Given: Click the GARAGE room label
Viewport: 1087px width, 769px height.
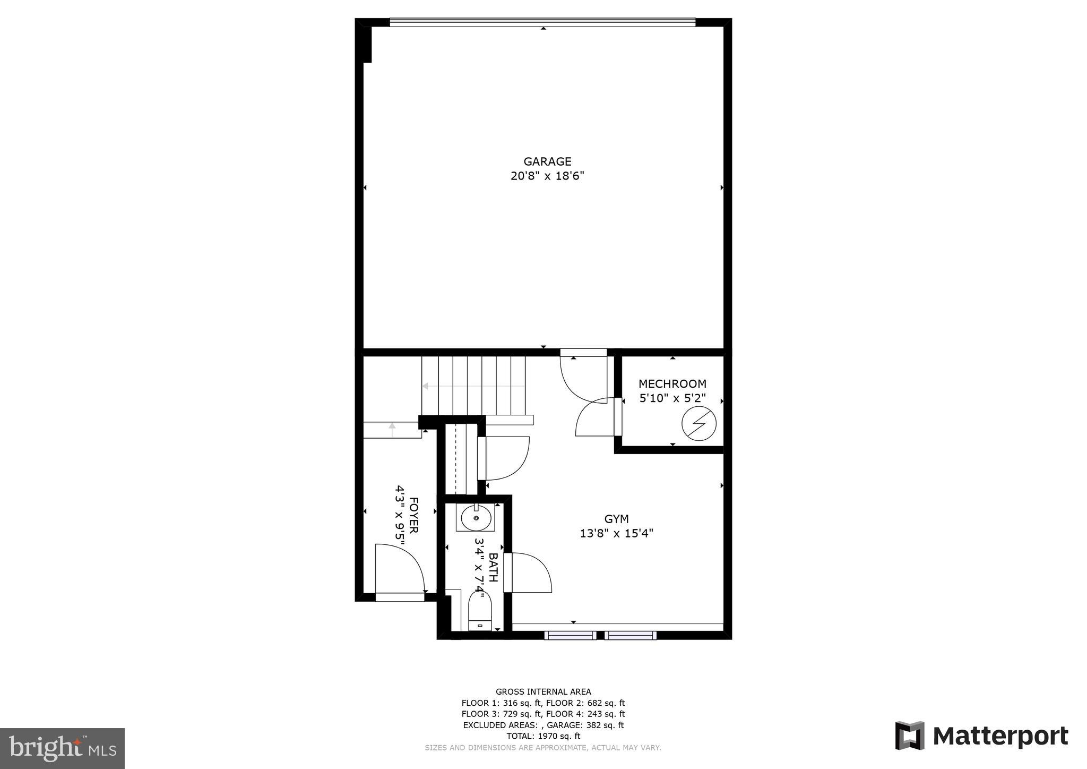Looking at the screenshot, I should pyautogui.click(x=547, y=161).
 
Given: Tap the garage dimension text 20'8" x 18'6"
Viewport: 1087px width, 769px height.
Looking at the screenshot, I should pyautogui.click(x=547, y=176).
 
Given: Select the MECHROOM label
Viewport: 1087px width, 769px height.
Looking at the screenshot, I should pyautogui.click(x=672, y=383).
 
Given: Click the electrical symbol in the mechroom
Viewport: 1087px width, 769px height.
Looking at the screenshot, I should pyautogui.click(x=698, y=424).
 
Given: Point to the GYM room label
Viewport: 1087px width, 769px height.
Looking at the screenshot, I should pyautogui.click(x=616, y=519).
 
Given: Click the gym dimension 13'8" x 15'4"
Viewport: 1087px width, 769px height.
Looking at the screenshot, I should pyautogui.click(x=616, y=533).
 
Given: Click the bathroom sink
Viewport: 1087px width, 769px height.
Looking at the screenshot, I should pyautogui.click(x=476, y=518).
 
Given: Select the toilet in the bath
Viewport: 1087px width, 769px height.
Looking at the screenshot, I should pyautogui.click(x=480, y=611).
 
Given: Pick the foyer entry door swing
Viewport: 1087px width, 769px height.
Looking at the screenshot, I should pyautogui.click(x=399, y=568).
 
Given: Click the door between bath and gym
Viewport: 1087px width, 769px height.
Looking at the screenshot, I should pyautogui.click(x=528, y=573).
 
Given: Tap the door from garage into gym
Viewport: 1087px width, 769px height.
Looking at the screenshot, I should pyautogui.click(x=584, y=377).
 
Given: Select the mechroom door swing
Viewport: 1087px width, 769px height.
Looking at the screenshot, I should pyautogui.click(x=596, y=417).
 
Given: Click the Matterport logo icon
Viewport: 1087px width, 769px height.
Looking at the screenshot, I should pyautogui.click(x=909, y=736).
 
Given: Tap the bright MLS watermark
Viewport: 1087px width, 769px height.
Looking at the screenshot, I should pyautogui.click(x=62, y=748).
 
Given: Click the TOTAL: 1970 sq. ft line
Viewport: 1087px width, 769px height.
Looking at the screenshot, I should pyautogui.click(x=543, y=736).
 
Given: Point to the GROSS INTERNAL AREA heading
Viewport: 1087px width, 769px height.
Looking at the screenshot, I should pyautogui.click(x=543, y=691).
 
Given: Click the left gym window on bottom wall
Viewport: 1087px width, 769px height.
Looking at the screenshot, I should pyautogui.click(x=570, y=635).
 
